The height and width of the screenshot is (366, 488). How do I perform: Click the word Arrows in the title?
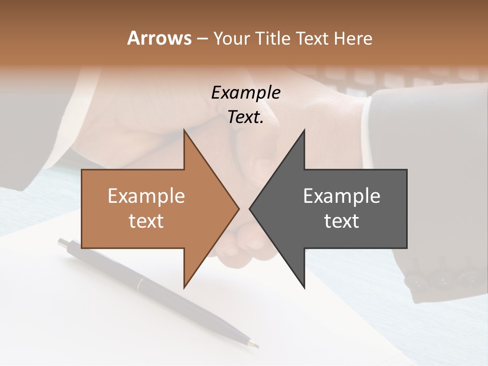coord(159,38)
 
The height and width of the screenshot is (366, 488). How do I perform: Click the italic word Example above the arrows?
coord(246,93)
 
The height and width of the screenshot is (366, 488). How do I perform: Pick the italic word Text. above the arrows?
coord(246,117)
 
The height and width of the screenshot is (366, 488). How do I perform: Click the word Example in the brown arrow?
coord(146,196)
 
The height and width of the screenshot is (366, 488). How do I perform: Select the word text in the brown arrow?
coord(146,221)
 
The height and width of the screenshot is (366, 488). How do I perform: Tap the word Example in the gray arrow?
coord(342,196)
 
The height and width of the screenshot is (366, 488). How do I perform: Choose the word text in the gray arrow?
coord(342,221)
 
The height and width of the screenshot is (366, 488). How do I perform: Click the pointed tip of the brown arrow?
coord(238,208)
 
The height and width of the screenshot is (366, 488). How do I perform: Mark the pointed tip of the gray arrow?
coord(250,208)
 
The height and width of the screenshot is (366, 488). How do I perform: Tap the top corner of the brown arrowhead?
coord(184,130)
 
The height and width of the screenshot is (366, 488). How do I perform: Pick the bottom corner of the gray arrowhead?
coord(304,288)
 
